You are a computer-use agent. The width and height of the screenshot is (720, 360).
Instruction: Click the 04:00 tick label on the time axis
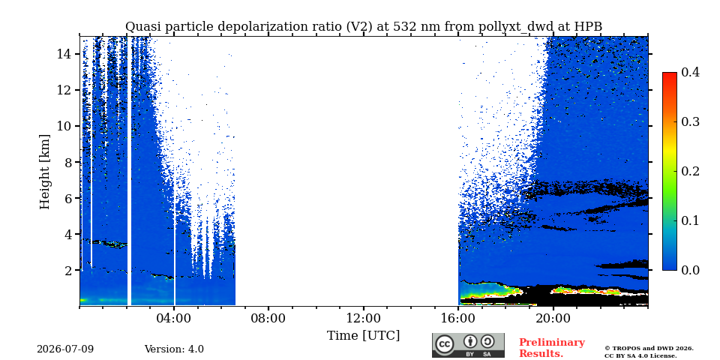pyautogui.click(x=174, y=318)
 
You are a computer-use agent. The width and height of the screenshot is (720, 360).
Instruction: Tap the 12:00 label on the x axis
pyautogui.click(x=364, y=318)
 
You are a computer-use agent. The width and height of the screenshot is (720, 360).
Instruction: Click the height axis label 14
pyautogui.click(x=64, y=54)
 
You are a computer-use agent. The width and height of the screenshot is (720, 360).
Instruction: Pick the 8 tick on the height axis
pyautogui.click(x=68, y=162)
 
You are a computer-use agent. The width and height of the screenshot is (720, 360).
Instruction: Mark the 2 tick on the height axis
pyautogui.click(x=68, y=271)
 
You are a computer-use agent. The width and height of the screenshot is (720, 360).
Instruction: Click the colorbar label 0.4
pyautogui.click(x=690, y=72)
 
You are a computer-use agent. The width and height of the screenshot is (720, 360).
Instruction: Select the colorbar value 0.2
pyautogui.click(x=690, y=171)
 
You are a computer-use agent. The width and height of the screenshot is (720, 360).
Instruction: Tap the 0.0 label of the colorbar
pyautogui.click(x=690, y=270)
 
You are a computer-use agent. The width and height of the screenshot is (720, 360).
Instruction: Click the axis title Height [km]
pyautogui.click(x=44, y=171)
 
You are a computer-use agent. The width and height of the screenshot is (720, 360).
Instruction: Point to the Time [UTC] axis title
pyautogui.click(x=363, y=335)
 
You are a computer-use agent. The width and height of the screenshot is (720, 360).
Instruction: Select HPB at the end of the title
pyautogui.click(x=588, y=27)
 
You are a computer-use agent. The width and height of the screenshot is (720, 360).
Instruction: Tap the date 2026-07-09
pyautogui.click(x=65, y=349)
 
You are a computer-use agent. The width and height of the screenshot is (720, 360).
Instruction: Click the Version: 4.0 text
pyautogui.click(x=174, y=349)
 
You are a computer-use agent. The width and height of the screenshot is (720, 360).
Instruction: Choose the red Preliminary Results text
pyautogui.click(x=552, y=348)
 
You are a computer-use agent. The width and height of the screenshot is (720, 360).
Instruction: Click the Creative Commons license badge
pyautogui.click(x=468, y=345)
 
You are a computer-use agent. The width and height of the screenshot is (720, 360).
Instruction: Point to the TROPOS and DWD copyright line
pyautogui.click(x=649, y=349)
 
